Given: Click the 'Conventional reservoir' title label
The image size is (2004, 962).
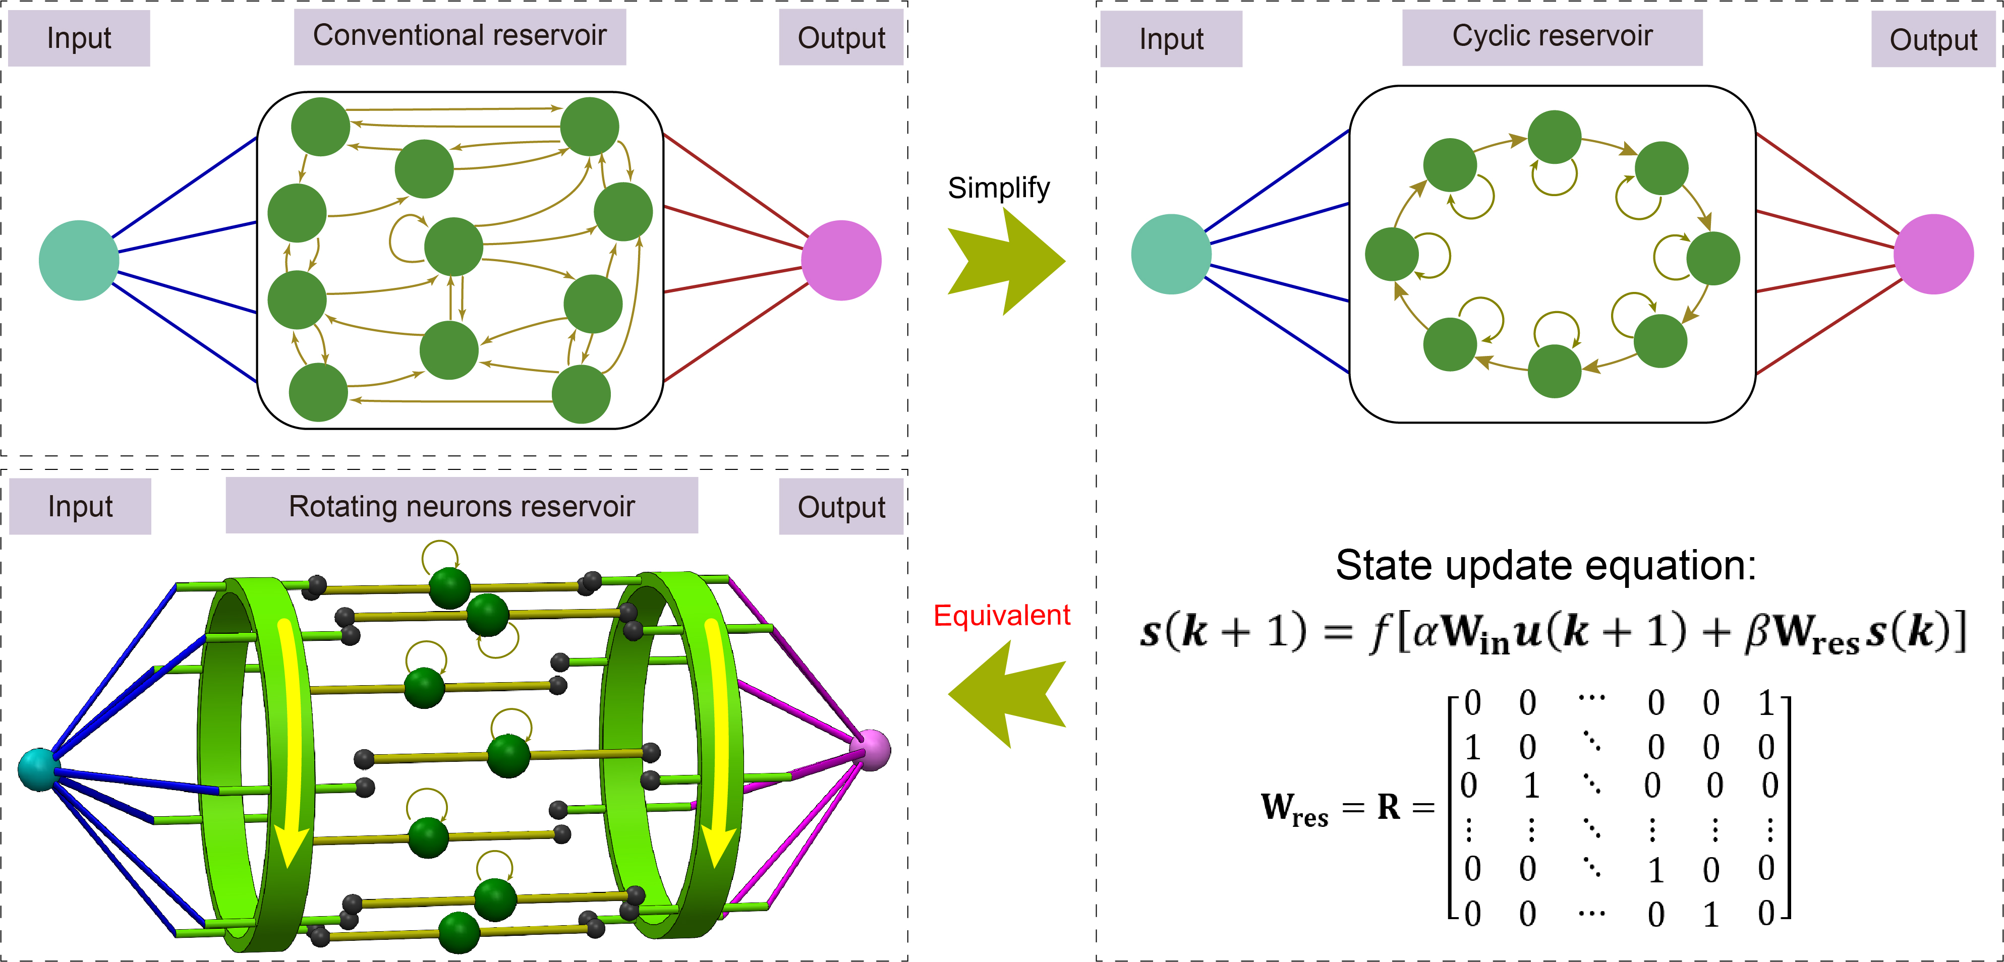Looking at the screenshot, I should [x=460, y=36].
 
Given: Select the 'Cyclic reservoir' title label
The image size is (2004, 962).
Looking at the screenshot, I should [x=1552, y=36].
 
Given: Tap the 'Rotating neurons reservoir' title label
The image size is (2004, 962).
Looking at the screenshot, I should [x=462, y=506].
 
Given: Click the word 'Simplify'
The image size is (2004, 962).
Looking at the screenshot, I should [x=998, y=188].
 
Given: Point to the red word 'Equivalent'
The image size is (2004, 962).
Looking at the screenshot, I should [x=1001, y=615].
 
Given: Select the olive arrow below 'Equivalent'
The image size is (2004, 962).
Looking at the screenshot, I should [x=1006, y=694].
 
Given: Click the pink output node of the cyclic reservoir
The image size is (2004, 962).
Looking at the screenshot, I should [x=1933, y=254].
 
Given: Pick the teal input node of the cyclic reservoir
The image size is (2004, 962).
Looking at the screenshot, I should [x=1171, y=254].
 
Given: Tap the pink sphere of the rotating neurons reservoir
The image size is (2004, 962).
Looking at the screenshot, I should [x=871, y=749].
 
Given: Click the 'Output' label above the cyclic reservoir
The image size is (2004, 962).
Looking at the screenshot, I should [x=1933, y=40].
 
